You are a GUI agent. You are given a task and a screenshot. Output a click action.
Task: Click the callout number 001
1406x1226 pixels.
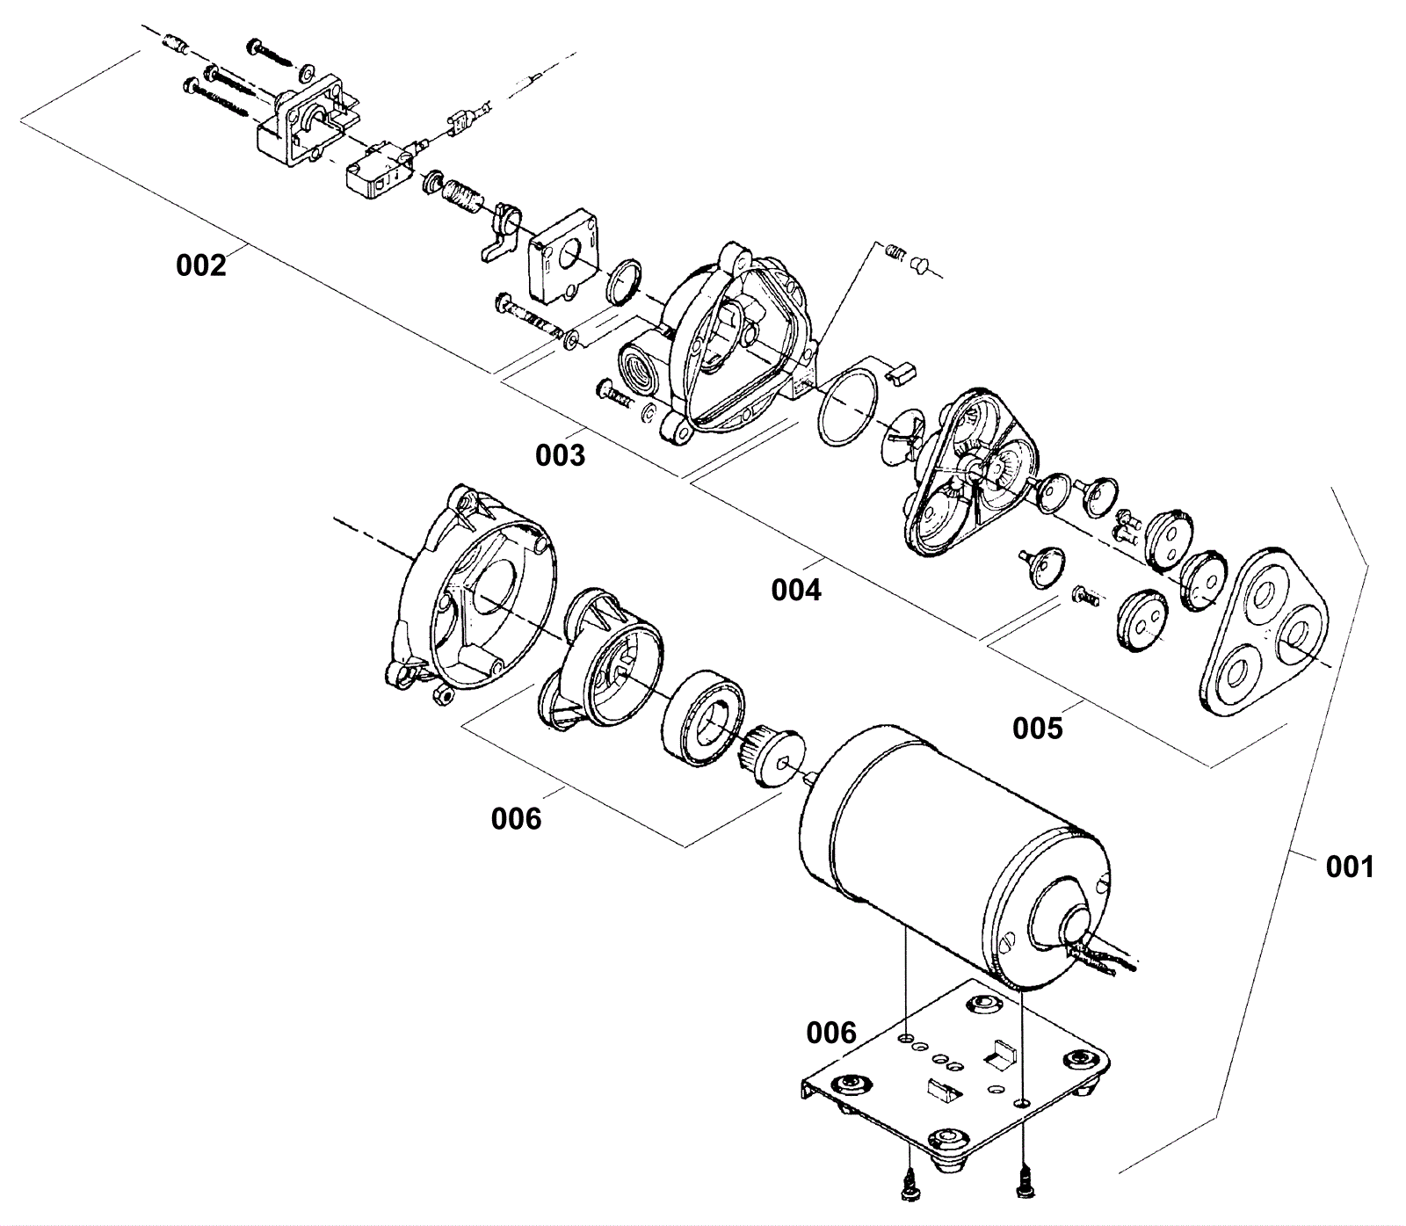point(1349,867)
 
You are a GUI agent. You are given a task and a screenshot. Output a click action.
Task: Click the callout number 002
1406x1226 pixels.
point(200,265)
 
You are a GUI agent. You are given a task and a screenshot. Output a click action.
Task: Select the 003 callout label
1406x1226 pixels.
point(560,454)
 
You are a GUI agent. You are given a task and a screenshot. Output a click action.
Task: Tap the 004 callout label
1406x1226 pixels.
point(796,590)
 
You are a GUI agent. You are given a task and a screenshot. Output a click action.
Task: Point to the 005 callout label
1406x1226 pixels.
point(1037,728)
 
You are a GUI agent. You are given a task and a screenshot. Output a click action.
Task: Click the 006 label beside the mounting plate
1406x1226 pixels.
point(830,1032)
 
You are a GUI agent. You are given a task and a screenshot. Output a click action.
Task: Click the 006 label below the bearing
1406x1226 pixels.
point(516,818)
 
